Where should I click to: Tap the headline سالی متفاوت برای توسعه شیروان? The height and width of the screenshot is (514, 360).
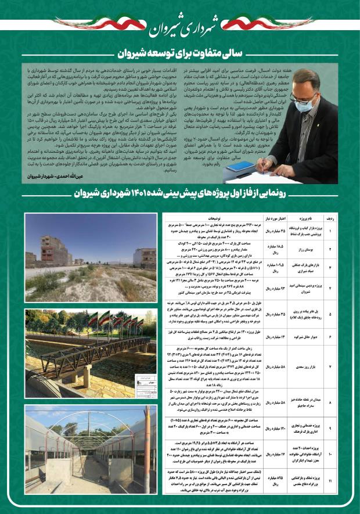click(x=179, y=56)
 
